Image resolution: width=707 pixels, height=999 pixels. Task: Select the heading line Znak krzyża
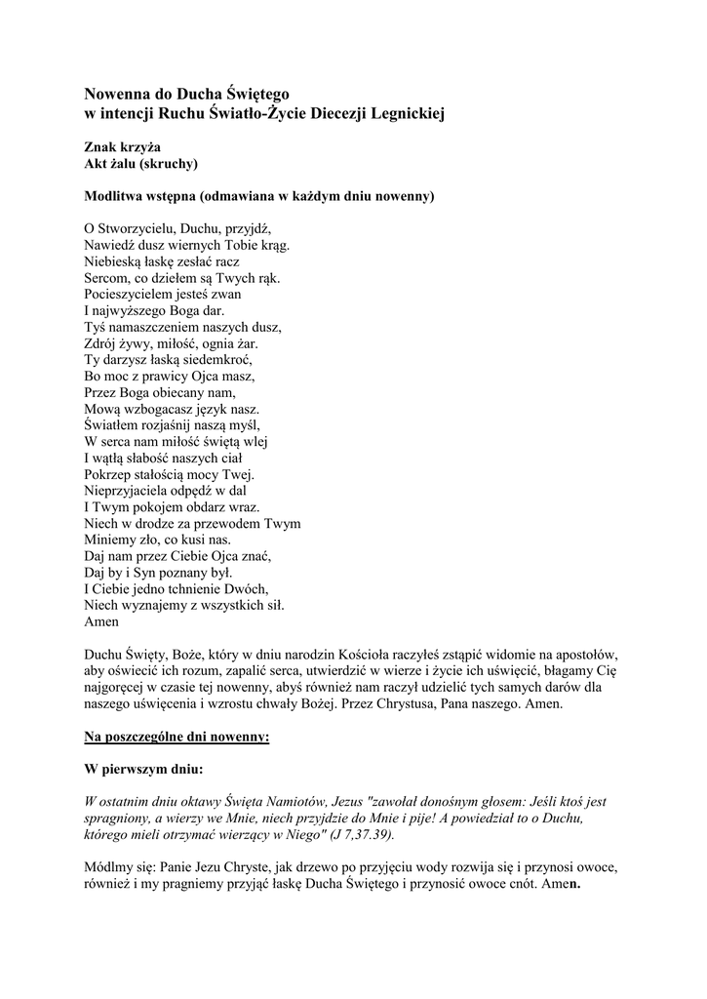point(122,146)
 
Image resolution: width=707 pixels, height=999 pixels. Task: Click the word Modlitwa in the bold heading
point(118,196)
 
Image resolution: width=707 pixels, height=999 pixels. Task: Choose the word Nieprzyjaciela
point(132,492)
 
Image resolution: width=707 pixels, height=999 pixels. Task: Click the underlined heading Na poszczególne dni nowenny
point(177,736)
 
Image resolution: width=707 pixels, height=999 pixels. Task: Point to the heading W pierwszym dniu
point(143,769)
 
